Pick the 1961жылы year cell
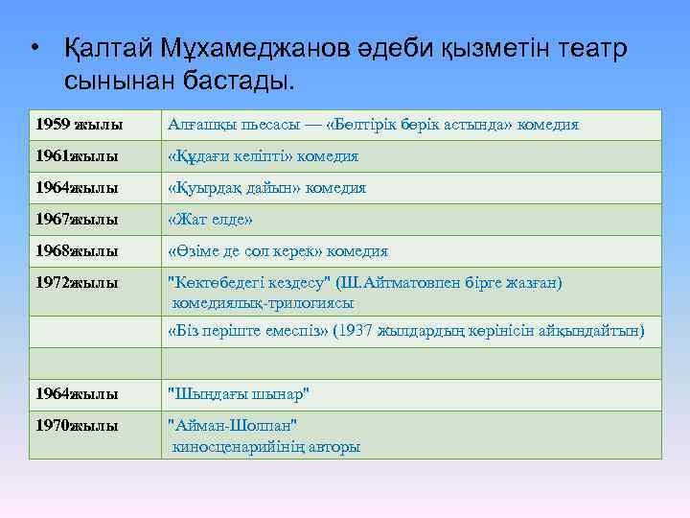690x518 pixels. [76, 156]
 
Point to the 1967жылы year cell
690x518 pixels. [76, 220]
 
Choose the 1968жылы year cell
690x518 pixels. [76, 251]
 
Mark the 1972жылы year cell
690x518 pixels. [76, 283]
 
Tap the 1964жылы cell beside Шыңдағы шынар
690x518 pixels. [76, 394]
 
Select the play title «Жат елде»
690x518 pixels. [210, 220]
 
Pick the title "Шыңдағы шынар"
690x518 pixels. [239, 394]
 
